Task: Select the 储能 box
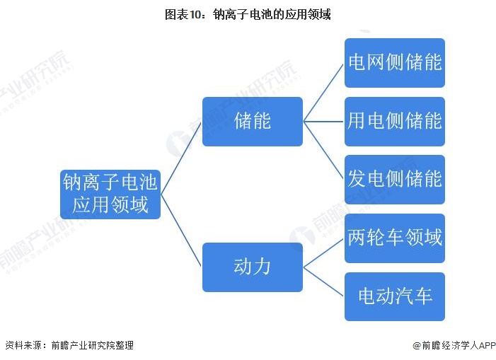click(253, 121)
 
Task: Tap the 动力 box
click(253, 267)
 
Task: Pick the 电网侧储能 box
click(394, 62)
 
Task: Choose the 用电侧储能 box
click(394, 121)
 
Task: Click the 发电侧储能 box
click(394, 179)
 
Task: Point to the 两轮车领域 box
click(394, 238)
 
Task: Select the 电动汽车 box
click(394, 296)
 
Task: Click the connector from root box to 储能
click(182, 157)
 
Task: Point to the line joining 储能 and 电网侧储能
click(324, 92)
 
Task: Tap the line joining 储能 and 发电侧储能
click(324, 150)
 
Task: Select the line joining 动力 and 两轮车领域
click(324, 252)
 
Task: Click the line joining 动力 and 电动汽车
click(324, 281)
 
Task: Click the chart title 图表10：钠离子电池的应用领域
click(248, 14)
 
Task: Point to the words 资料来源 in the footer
click(22, 345)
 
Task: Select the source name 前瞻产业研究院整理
click(92, 345)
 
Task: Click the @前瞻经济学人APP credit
click(454, 345)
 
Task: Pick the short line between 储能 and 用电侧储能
click(324, 121)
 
